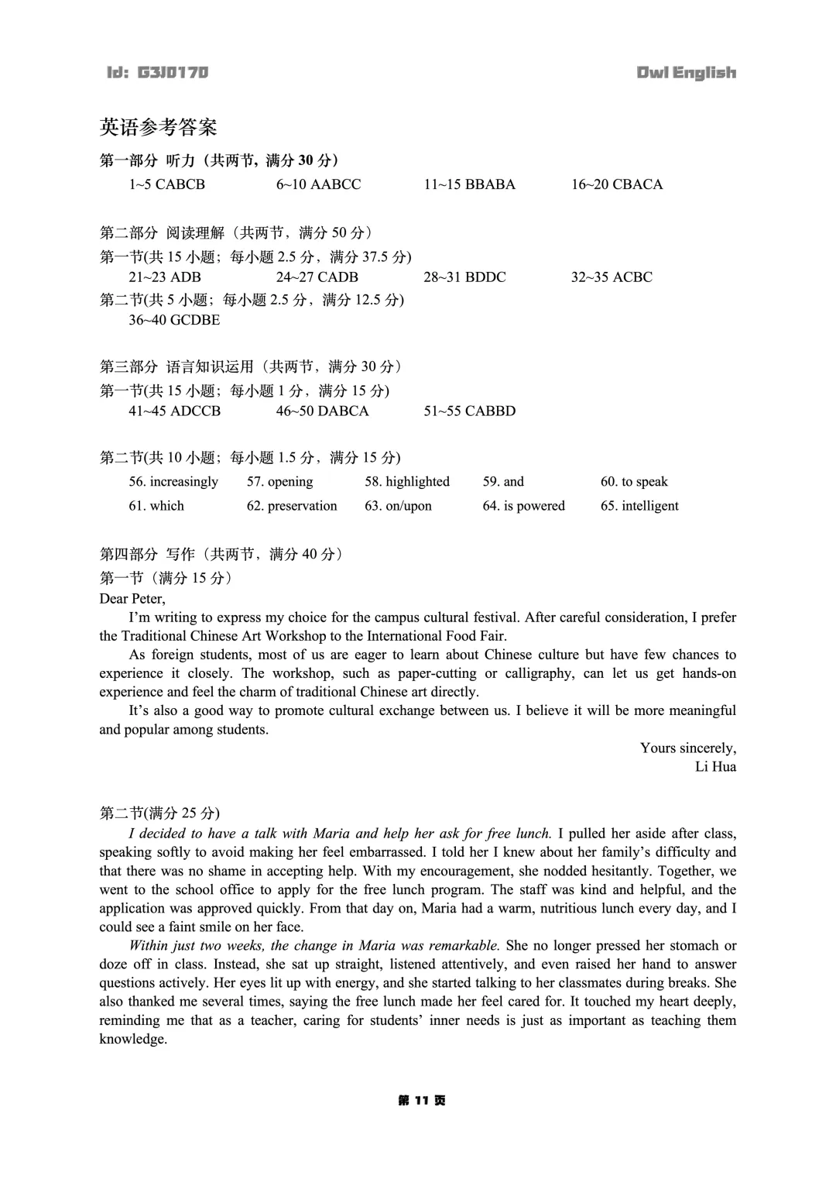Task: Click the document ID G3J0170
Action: tap(158, 73)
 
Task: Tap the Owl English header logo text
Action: tap(686, 73)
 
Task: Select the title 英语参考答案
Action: tap(158, 126)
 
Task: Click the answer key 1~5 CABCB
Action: tap(166, 184)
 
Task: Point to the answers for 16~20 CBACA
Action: tap(617, 184)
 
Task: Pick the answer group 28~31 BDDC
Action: tap(464, 277)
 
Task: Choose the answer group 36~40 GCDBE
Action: tap(174, 320)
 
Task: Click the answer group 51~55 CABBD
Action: tap(469, 411)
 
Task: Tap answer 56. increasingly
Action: tap(173, 482)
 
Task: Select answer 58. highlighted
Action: tap(407, 482)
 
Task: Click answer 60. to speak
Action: tap(634, 482)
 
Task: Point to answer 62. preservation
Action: tap(292, 506)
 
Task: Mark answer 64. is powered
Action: tap(524, 506)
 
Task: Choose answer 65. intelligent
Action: tap(639, 506)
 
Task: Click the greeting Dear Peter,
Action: tap(132, 599)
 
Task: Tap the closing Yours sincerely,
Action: tap(688, 748)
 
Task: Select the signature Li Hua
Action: tap(715, 767)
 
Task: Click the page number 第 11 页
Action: tap(422, 1101)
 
